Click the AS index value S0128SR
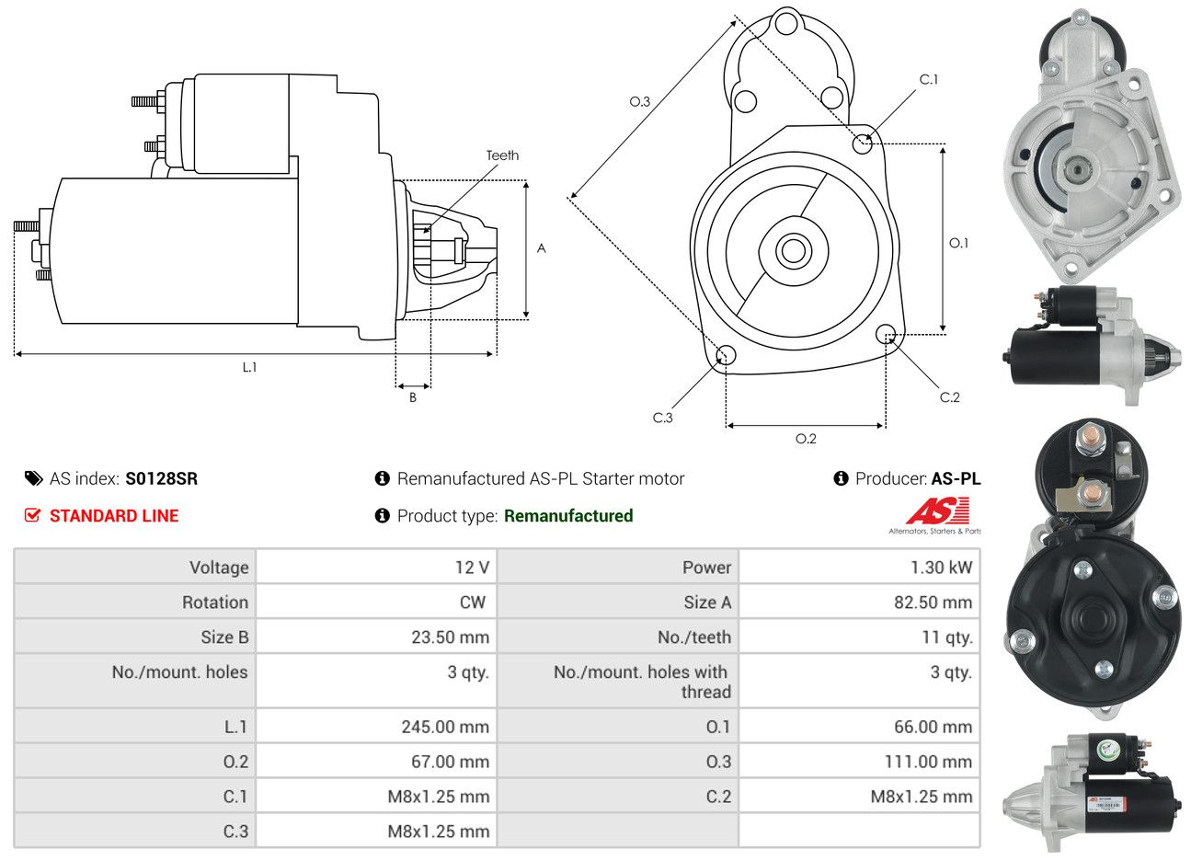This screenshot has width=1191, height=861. click(161, 478)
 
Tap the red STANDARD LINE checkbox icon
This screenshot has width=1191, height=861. click(32, 515)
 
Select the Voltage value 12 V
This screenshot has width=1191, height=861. click(472, 568)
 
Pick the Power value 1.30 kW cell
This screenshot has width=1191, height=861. click(941, 568)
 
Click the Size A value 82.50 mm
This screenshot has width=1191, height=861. click(933, 603)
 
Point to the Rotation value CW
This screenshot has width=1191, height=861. click(472, 603)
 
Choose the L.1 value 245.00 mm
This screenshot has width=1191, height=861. click(445, 727)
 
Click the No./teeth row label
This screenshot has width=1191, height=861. click(694, 637)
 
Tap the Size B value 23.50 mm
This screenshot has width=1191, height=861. click(450, 637)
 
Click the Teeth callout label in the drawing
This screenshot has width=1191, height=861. click(502, 155)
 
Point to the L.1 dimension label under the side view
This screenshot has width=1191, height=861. click(249, 367)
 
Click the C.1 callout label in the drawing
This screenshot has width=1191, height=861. click(929, 80)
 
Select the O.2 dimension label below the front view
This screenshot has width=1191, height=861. click(806, 439)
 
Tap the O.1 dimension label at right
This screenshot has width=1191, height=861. click(958, 243)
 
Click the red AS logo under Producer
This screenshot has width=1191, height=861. click(937, 511)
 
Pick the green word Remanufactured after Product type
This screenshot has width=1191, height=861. click(568, 516)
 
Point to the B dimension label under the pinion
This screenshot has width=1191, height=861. click(413, 397)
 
